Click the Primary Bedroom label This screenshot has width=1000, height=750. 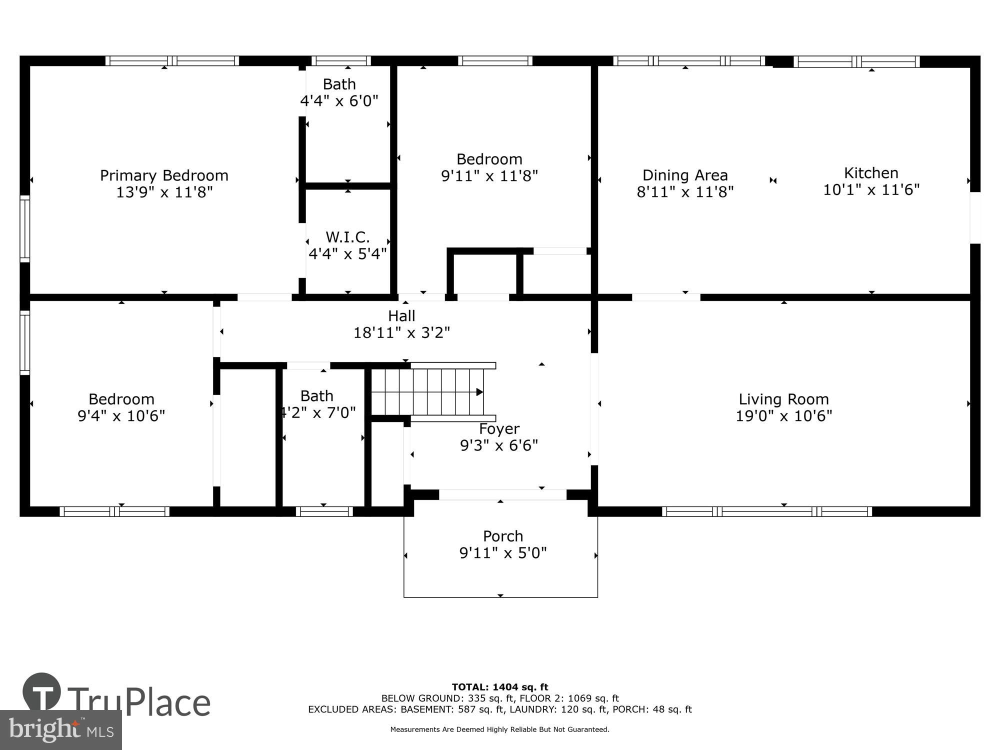(164, 175)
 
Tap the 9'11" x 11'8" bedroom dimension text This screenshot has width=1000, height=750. (489, 176)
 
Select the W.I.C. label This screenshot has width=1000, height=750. (347, 237)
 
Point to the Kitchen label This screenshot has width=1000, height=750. (871, 173)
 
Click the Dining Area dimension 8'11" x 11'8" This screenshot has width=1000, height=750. (685, 192)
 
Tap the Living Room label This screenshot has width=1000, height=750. (783, 399)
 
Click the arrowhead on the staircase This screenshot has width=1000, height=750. (479, 392)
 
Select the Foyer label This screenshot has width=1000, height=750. (499, 429)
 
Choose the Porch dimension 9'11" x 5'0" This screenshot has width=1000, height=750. (503, 553)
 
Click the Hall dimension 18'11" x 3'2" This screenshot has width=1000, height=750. (401, 332)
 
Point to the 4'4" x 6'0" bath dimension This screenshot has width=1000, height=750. (339, 101)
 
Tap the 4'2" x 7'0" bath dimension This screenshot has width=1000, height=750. (318, 412)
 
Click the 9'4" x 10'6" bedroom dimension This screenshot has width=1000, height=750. (121, 416)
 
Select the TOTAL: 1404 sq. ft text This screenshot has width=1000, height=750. (500, 687)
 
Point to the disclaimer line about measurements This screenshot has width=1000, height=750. (500, 729)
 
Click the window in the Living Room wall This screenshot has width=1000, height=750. (767, 511)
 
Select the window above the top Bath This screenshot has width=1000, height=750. (341, 61)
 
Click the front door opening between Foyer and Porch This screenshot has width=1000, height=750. (502, 494)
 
